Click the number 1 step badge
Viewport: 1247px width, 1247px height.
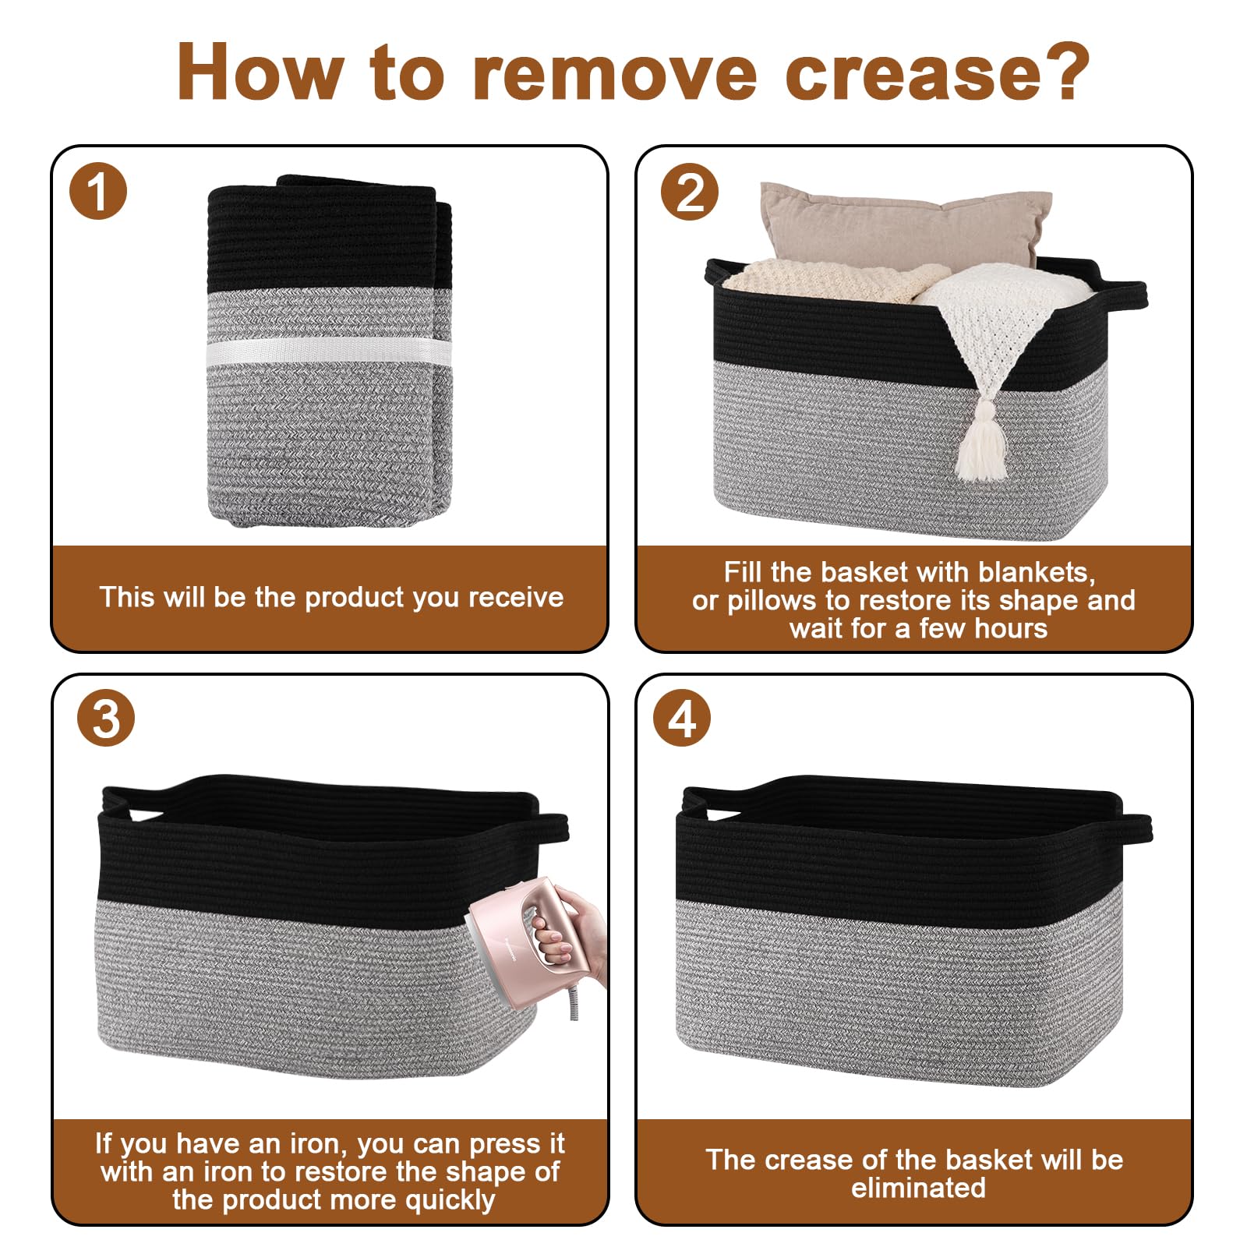[97, 191]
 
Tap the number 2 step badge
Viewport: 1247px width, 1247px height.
[690, 192]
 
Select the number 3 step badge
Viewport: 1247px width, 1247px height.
[106, 719]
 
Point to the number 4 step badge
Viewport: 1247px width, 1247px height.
[682, 719]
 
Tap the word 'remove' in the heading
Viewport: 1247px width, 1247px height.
[613, 72]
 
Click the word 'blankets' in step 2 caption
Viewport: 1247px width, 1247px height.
[1036, 573]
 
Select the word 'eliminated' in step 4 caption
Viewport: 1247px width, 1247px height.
[918, 1188]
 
